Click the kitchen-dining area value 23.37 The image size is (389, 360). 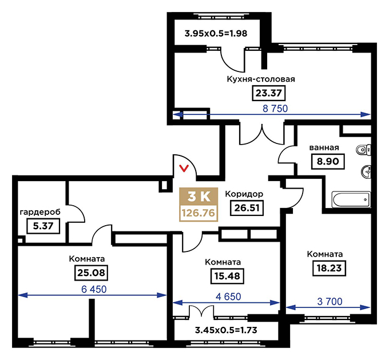click(269, 93)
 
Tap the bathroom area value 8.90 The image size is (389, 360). click(328, 161)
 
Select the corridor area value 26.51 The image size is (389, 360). click(247, 207)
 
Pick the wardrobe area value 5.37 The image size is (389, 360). click(43, 226)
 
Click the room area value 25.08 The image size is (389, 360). click(91, 273)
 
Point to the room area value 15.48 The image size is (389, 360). click(227, 276)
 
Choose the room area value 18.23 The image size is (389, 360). click(329, 268)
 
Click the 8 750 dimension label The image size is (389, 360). click(275, 109)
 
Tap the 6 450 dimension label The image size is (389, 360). click(94, 289)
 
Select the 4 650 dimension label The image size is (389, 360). click(228, 297)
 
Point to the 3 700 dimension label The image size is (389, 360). click(330, 302)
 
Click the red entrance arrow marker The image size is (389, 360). click(184, 169)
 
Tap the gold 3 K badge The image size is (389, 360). click(199, 197)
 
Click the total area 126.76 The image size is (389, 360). click(199, 213)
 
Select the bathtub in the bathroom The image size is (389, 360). click(351, 199)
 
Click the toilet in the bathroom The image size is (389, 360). click(364, 150)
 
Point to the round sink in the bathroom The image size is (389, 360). click(366, 171)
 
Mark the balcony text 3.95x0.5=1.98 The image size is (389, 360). click(216, 34)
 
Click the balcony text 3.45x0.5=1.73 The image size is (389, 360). click(226, 330)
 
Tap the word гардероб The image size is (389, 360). click(40, 213)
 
